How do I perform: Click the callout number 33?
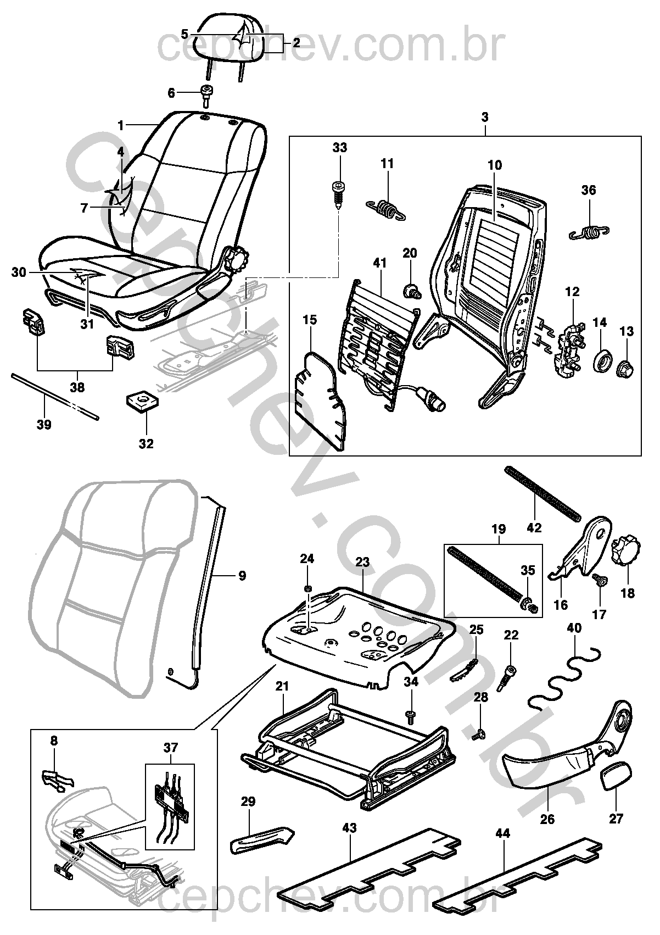click(x=339, y=148)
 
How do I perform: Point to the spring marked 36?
click(x=590, y=232)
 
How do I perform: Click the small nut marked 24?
click(x=307, y=589)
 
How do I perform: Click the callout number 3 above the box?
click(x=484, y=118)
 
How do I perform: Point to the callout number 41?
click(x=380, y=263)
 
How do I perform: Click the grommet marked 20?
click(x=411, y=291)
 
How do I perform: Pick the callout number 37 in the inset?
click(x=171, y=748)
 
